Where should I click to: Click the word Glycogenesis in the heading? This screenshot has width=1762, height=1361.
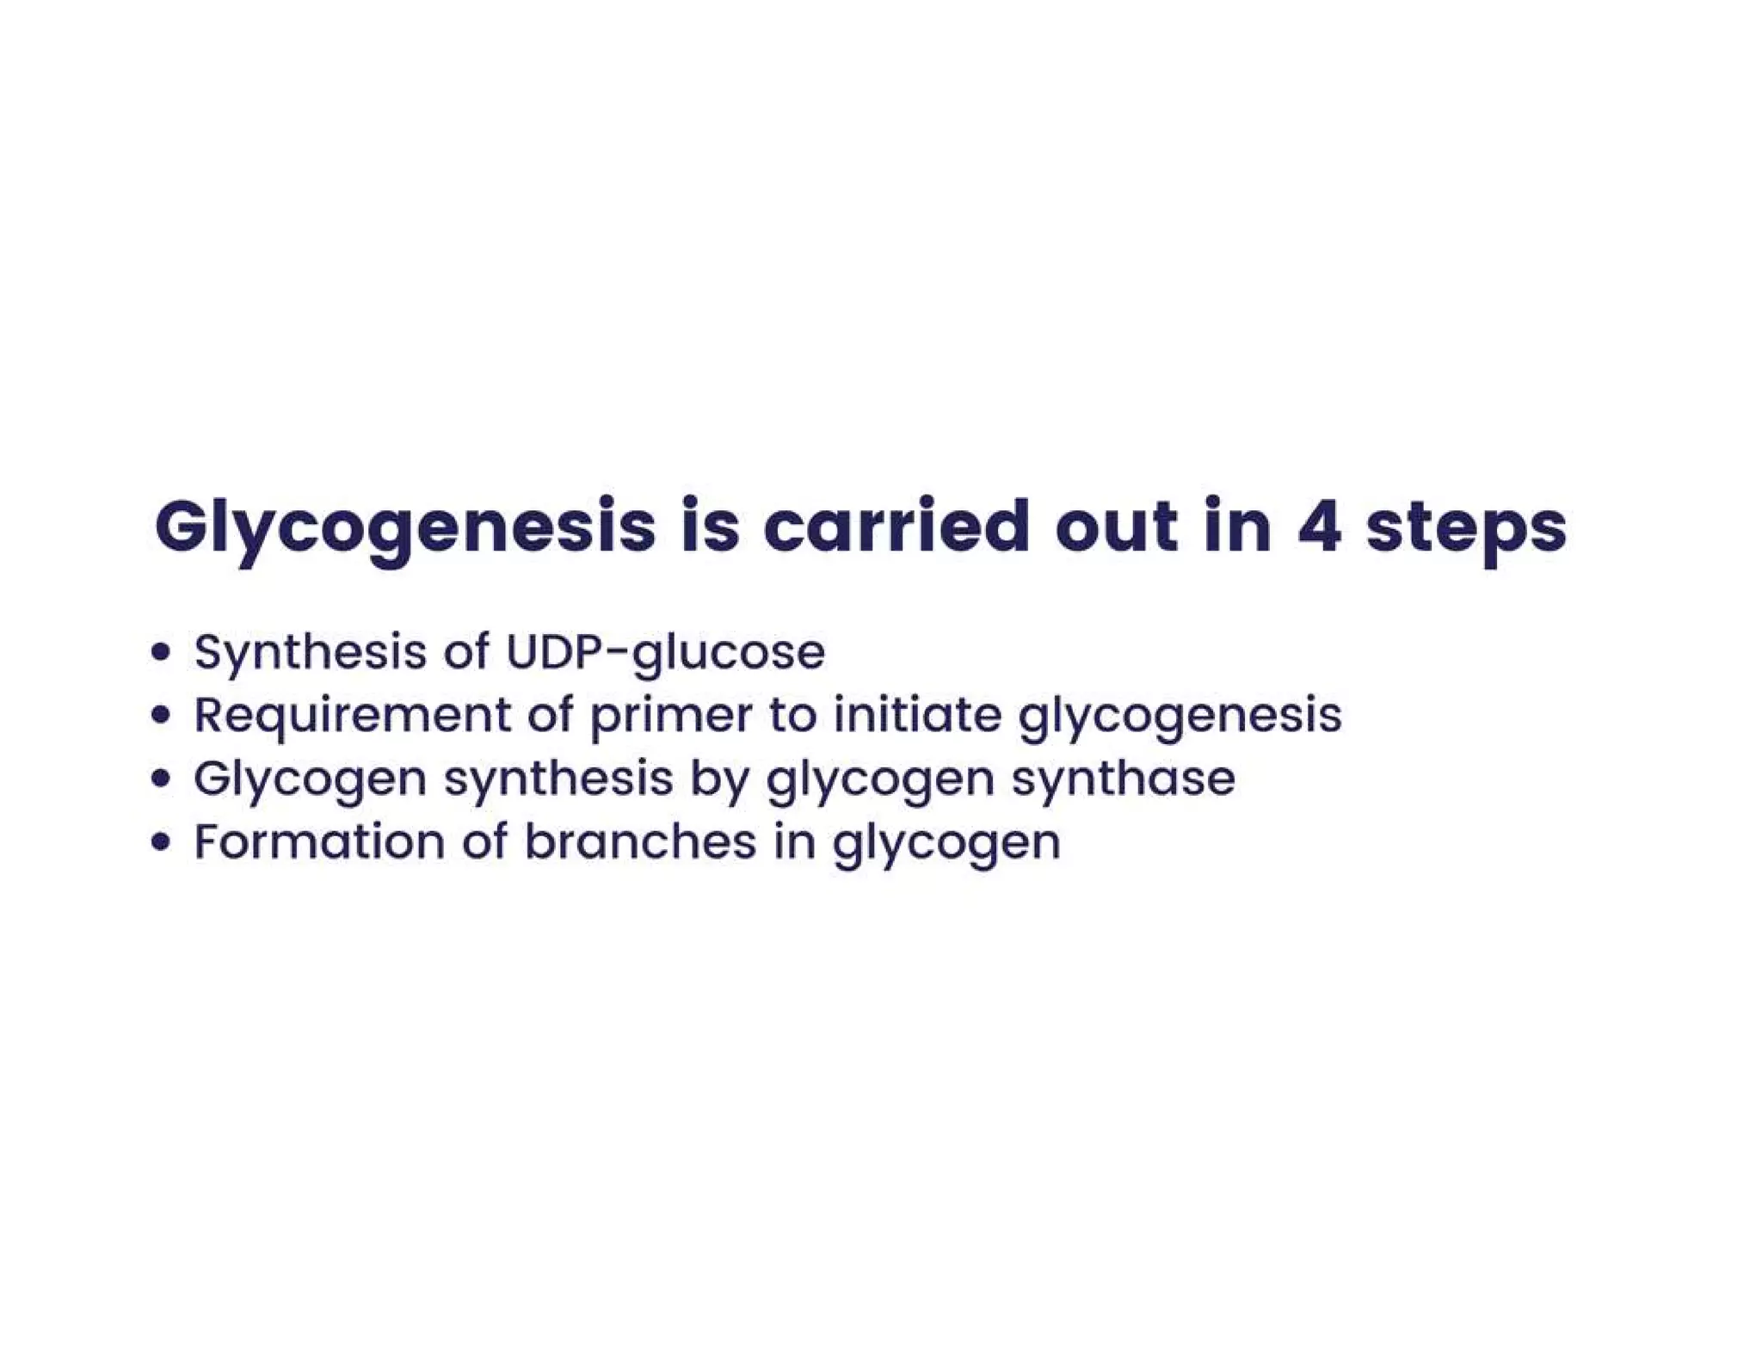click(404, 527)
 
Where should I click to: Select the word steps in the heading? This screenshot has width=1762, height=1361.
click(1466, 528)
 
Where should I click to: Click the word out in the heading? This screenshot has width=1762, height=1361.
click(1116, 527)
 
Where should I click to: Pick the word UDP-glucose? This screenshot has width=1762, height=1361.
click(665, 653)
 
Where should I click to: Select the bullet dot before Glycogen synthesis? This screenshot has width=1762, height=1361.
click(160, 779)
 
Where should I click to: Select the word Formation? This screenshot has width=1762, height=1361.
click(319, 841)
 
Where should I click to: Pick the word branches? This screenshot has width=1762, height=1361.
click(640, 841)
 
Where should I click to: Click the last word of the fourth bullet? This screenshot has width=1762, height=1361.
click(946, 844)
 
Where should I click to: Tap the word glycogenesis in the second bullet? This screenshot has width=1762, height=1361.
click(1180, 717)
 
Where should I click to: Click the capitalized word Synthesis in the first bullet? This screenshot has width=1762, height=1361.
click(310, 653)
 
